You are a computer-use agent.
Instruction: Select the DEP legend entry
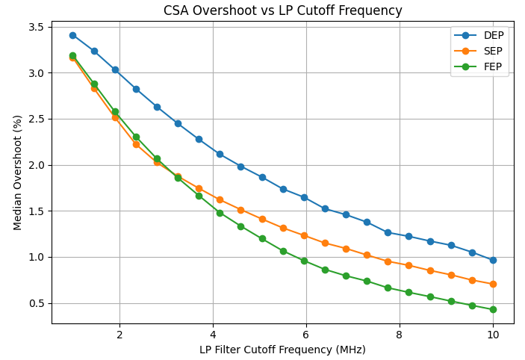coord(494,36)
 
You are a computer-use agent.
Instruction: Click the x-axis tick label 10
coord(493,335)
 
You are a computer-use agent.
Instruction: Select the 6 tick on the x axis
coord(306,335)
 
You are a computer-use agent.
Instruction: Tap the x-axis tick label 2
coord(119,335)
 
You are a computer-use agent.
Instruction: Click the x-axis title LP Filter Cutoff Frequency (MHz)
coord(282,350)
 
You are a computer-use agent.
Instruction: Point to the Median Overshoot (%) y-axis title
coord(18,173)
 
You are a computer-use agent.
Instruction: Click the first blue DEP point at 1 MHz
coord(72,35)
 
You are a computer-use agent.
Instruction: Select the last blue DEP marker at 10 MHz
coord(493,260)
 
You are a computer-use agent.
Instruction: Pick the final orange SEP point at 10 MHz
coord(493,284)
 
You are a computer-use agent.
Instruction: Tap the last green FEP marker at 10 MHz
coord(493,309)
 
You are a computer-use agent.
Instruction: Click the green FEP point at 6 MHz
coord(304,261)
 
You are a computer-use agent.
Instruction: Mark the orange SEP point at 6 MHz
coord(304,235)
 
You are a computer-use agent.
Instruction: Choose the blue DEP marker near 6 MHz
coord(304,197)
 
